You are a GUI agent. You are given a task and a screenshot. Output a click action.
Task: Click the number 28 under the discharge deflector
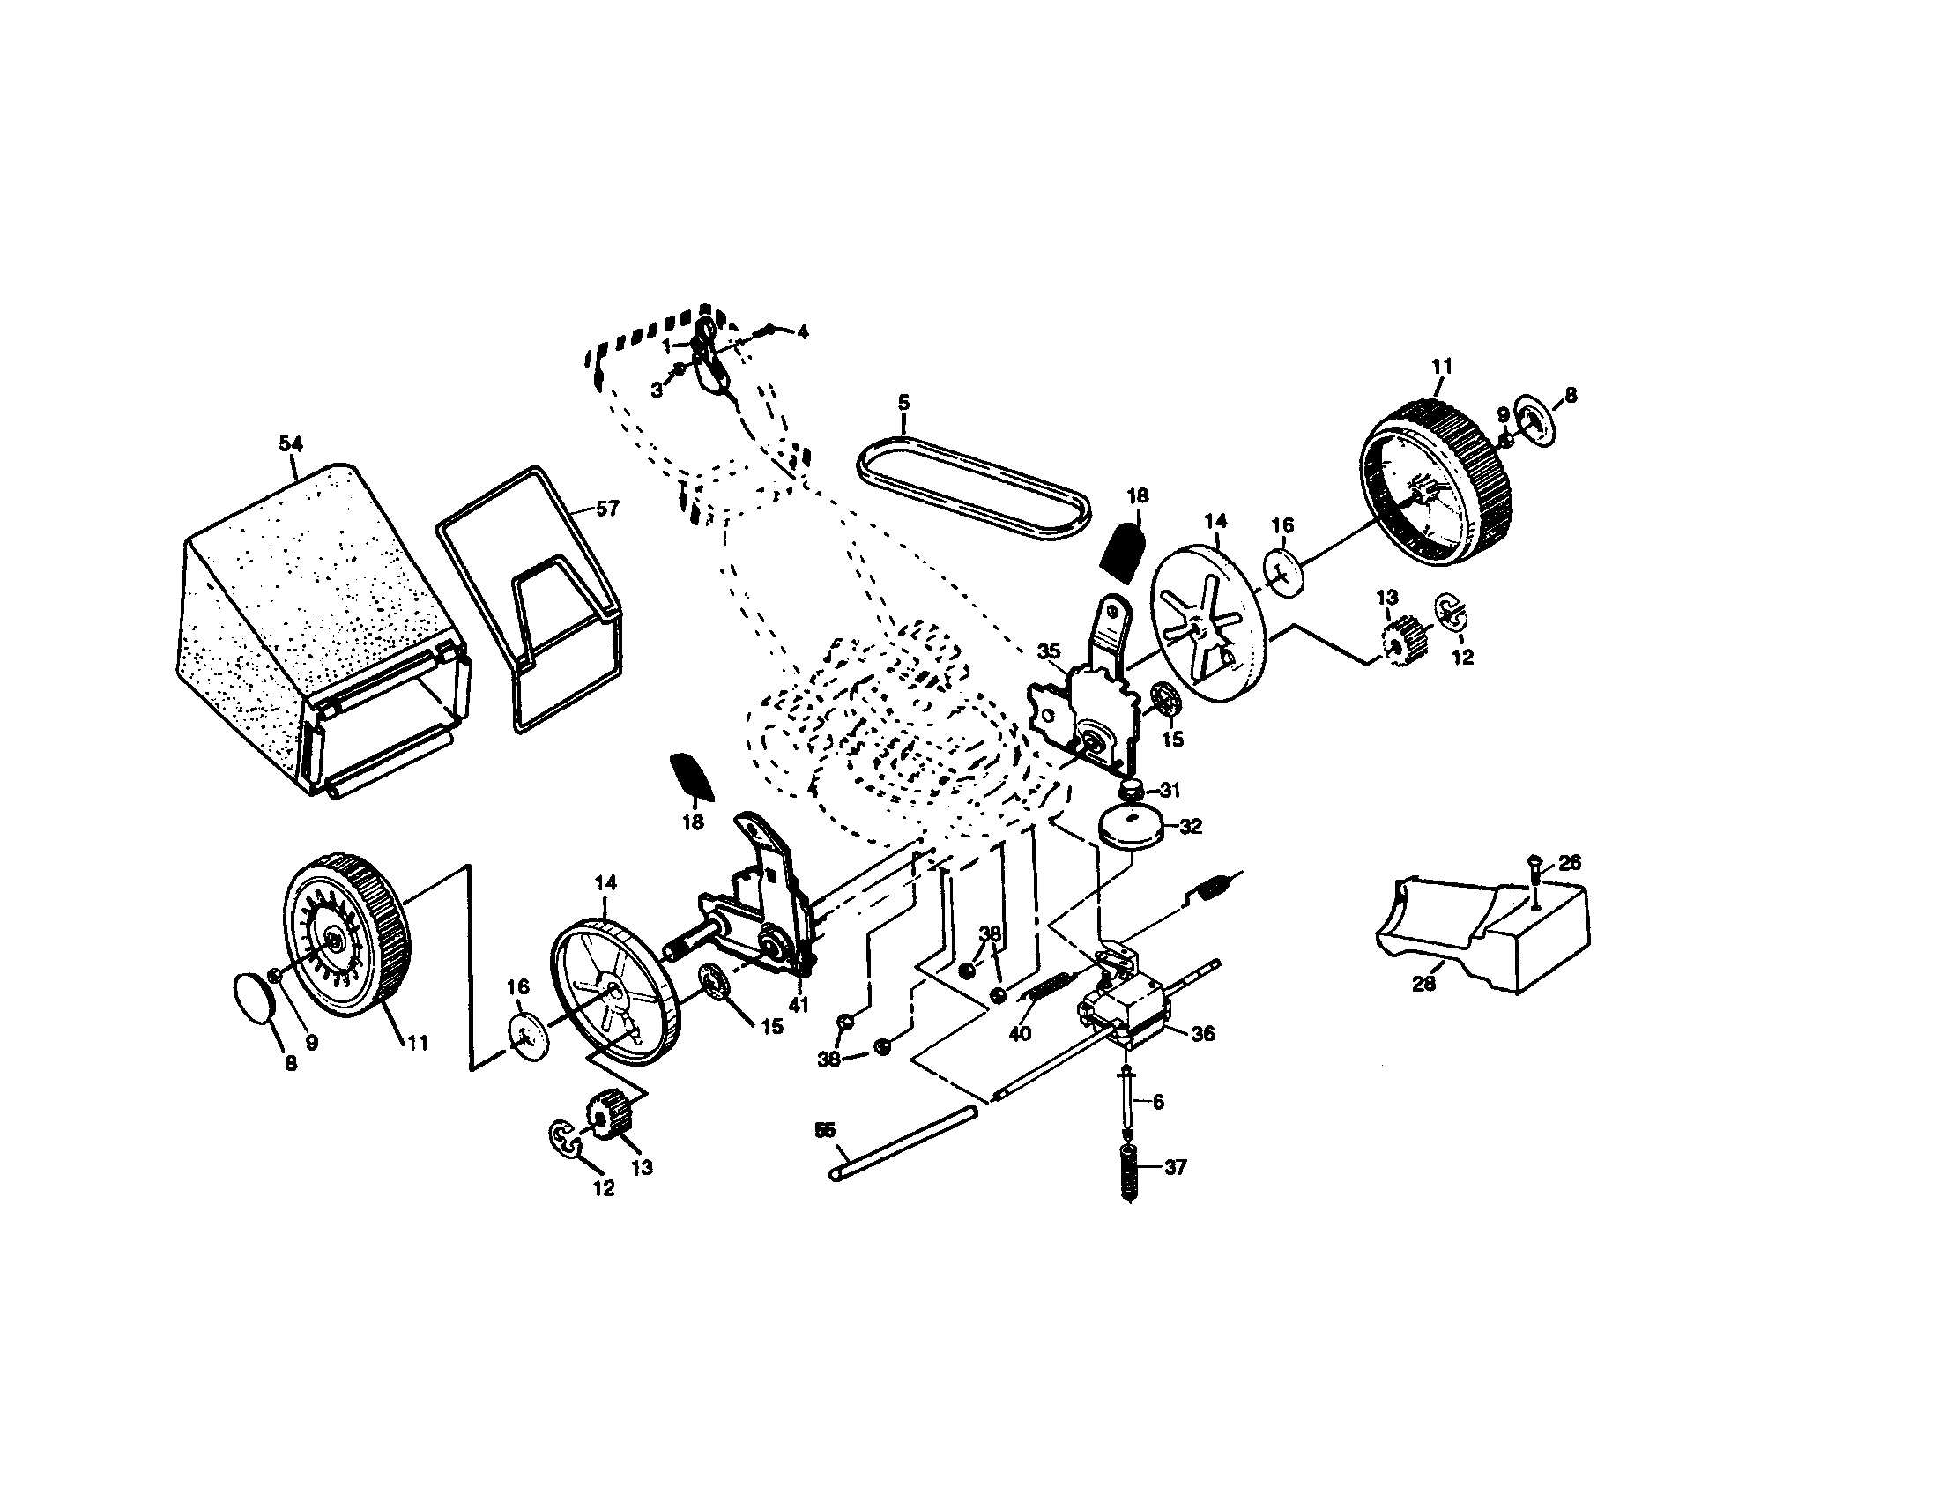point(1423,984)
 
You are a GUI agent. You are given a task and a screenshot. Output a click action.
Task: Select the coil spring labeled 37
point(1128,1171)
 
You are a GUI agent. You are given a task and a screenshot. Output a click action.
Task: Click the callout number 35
point(1049,651)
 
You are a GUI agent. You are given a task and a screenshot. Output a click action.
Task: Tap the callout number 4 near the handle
point(803,332)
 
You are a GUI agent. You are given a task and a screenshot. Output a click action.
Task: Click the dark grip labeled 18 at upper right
point(1125,551)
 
